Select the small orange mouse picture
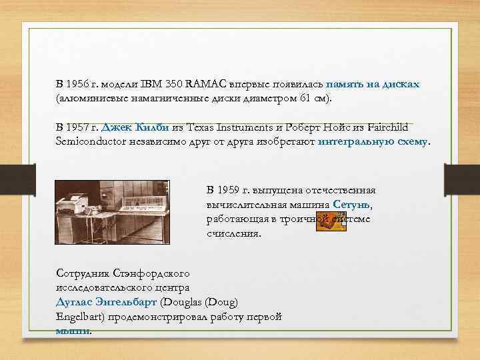click(329, 222)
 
